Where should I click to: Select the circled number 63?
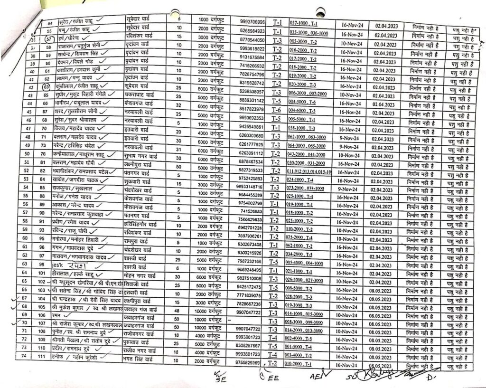46,87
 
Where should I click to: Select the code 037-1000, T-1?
307,23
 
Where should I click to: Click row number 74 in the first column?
24,362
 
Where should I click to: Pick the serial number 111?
43,362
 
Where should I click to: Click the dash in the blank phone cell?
229,319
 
